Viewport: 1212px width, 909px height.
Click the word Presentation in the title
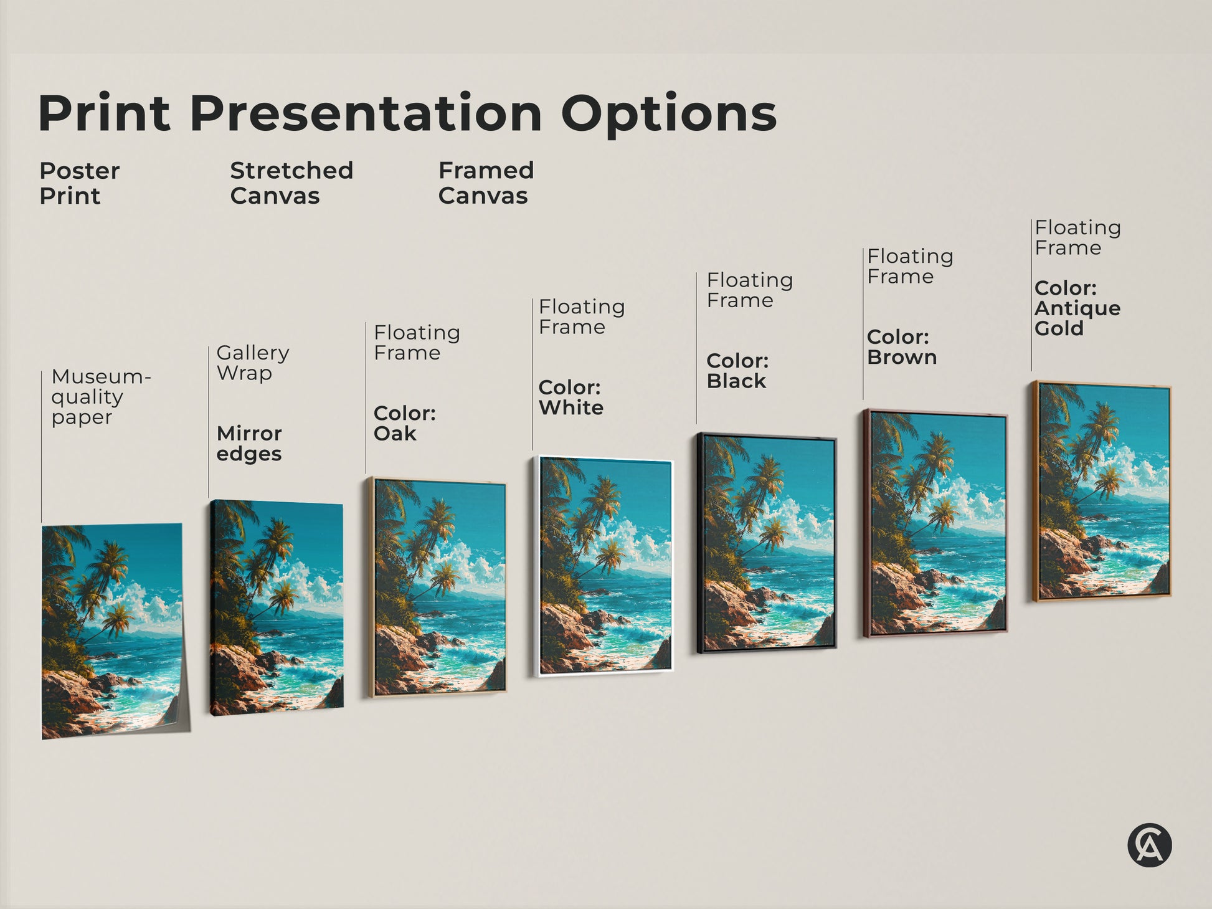coord(366,113)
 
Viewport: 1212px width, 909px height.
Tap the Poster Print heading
coord(79,183)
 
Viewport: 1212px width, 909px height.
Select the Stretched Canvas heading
coord(291,183)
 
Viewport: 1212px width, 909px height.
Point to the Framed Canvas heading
coord(486,183)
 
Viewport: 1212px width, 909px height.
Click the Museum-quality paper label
coord(100,396)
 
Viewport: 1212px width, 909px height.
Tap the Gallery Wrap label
coord(252,363)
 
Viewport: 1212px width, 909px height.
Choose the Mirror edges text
coord(249,443)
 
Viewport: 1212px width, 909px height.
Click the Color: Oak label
coord(404,423)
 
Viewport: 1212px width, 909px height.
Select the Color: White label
coord(570,397)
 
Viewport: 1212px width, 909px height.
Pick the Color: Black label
coord(737,371)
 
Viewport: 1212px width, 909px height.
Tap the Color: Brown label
coord(901,347)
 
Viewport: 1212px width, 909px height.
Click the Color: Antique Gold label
coord(1077,308)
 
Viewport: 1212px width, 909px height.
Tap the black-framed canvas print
coord(767,543)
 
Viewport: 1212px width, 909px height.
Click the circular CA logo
coord(1149,845)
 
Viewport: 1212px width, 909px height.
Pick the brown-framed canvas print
coord(935,524)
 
